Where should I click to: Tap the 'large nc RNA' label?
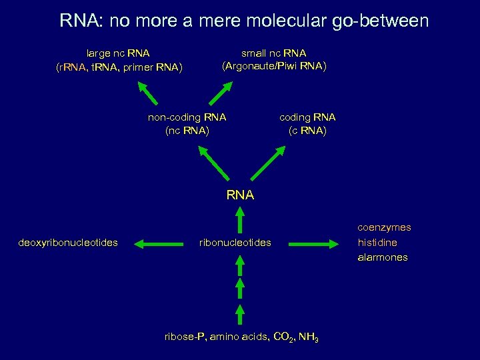pyautogui.click(x=118, y=53)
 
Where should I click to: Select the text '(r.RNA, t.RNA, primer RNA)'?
pyautogui.click(x=119, y=67)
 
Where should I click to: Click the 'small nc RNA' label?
pyautogui.click(x=274, y=53)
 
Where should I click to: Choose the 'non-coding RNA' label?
pyautogui.click(x=187, y=117)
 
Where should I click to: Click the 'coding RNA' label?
pyautogui.click(x=307, y=117)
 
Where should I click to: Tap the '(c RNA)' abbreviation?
pyautogui.click(x=307, y=131)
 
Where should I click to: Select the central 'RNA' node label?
pyautogui.click(x=240, y=195)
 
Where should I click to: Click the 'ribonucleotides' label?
pyautogui.click(x=235, y=243)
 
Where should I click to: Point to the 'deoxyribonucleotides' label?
pyautogui.click(x=69, y=243)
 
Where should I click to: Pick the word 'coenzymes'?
pyautogui.click(x=384, y=227)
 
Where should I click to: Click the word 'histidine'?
pyautogui.click(x=377, y=243)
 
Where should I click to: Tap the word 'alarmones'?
pyautogui.click(x=383, y=257)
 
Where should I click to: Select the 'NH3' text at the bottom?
pyautogui.click(x=307, y=339)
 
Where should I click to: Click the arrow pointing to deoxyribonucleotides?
pyautogui.click(x=159, y=243)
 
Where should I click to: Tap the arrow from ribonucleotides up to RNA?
pyautogui.click(x=240, y=220)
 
